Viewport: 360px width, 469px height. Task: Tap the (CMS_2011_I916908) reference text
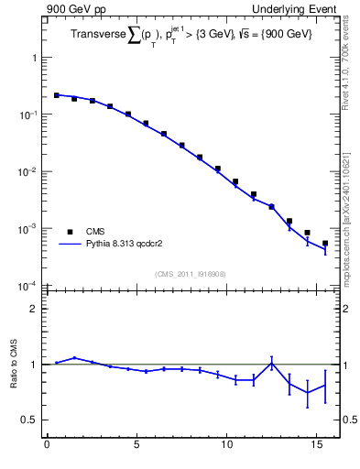(191, 272)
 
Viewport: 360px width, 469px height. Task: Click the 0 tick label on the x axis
(47, 448)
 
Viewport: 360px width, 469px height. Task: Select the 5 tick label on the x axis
(136, 448)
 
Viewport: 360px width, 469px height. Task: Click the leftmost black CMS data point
(56, 94)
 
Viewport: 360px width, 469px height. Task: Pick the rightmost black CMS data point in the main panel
(325, 243)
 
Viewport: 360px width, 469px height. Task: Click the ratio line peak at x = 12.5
(271, 363)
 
